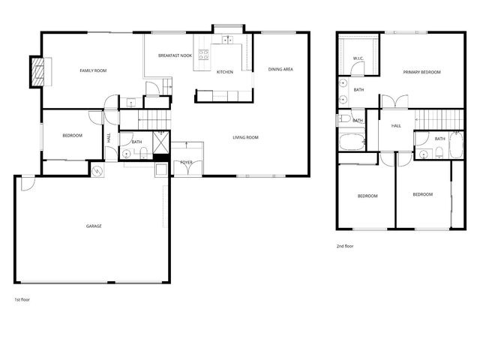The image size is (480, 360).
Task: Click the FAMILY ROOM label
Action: point(94,70)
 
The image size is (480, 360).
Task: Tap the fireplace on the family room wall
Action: point(37,70)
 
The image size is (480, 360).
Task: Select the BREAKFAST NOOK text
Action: point(175,56)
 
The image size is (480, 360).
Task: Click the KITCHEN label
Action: point(224,72)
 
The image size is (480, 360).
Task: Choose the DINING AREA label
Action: point(280,70)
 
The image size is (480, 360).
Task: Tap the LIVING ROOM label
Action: point(245,137)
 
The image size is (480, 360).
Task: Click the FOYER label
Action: point(186,162)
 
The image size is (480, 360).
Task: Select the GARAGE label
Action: point(94,226)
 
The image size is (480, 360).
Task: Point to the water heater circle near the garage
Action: point(97,172)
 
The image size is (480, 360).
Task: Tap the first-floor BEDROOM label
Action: point(72,135)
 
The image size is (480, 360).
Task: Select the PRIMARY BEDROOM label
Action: point(421,72)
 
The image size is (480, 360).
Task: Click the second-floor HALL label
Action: point(396,125)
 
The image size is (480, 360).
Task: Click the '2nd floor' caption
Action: point(345,246)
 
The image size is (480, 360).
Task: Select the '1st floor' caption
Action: point(22,298)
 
